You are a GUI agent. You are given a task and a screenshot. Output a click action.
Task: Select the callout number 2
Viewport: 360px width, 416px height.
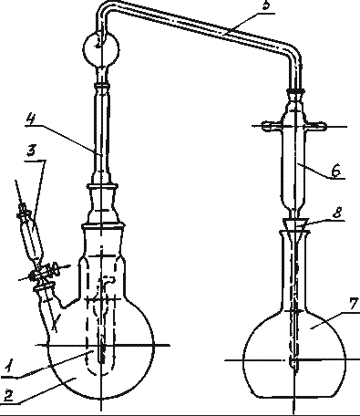[10, 396]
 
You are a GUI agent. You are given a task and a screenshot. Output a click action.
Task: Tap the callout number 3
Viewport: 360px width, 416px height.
[32, 151]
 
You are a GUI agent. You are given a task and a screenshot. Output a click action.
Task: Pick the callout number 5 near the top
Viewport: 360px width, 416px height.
[265, 5]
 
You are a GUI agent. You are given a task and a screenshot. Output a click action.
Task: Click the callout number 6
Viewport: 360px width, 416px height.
[335, 172]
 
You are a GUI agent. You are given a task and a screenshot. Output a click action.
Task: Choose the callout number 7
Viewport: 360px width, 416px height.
[354, 305]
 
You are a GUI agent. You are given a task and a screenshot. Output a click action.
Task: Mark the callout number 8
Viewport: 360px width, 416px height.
[336, 213]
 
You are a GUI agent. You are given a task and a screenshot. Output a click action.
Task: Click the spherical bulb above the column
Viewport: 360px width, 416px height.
[101, 47]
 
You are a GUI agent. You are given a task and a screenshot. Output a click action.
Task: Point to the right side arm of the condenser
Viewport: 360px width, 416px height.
[316, 125]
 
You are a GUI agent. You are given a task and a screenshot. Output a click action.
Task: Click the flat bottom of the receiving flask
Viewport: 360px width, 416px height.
[295, 397]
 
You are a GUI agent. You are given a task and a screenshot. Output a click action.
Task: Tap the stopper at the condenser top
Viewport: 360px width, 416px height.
[295, 92]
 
